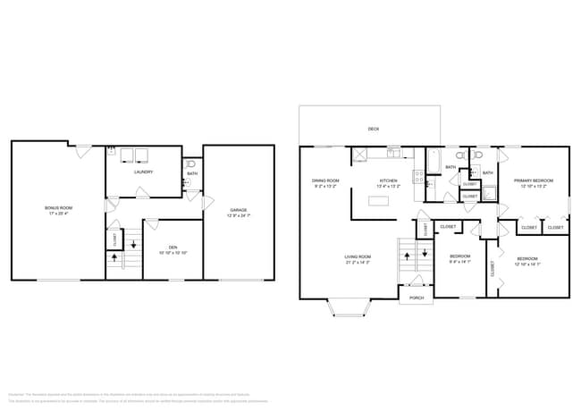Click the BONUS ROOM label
point(57,207)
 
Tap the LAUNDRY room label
point(143,172)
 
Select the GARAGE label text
point(238,210)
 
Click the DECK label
point(373,129)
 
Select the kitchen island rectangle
point(380,199)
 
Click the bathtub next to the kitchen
point(434,160)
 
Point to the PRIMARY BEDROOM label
point(534,180)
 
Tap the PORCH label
point(417,298)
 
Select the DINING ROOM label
point(325,180)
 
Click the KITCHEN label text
point(389,180)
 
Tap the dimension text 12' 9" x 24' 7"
point(238,216)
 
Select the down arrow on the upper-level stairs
point(421,256)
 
